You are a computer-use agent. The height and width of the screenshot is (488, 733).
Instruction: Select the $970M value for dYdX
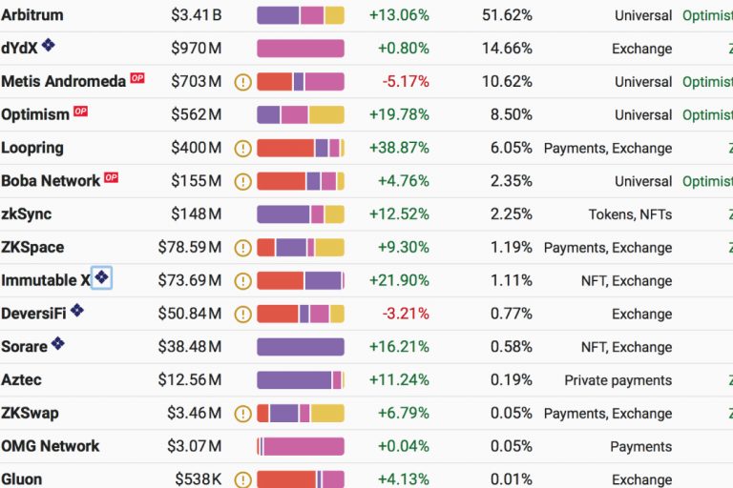196,49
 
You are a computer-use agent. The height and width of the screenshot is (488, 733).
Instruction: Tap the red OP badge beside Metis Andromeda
137,79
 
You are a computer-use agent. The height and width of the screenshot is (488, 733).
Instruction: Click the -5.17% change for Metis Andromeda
406,82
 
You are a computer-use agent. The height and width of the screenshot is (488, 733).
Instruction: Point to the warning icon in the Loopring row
242,149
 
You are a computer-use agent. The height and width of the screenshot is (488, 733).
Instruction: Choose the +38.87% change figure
399,149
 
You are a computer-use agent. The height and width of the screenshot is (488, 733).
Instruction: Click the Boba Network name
51,181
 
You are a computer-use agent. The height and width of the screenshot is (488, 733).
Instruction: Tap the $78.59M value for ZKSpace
189,248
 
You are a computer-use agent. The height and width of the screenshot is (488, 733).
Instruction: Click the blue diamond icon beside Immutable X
101,278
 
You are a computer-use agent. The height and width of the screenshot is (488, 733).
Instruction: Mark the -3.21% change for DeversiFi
406,314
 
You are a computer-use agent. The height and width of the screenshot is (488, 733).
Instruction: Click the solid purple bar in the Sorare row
300,347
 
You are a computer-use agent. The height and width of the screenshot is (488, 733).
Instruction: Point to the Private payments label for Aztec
618,380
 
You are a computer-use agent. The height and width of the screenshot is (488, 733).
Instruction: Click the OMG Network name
51,446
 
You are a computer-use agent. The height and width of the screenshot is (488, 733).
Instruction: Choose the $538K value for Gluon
198,479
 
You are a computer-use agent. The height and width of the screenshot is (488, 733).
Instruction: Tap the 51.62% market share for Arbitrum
508,15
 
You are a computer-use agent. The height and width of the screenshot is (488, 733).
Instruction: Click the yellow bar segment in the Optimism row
325,115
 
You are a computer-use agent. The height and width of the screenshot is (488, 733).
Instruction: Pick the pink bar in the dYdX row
300,49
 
